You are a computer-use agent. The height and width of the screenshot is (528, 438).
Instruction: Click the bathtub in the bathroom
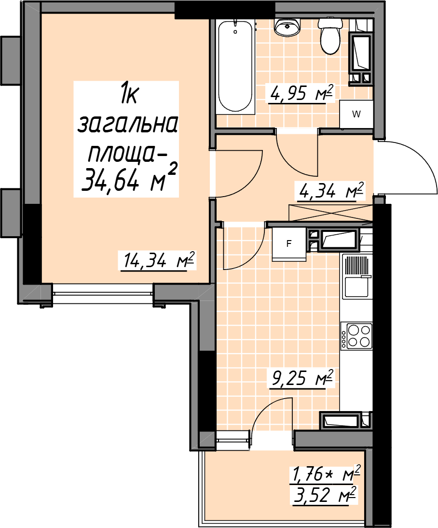coord(235,66)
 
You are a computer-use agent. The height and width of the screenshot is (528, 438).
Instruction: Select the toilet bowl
coord(330,37)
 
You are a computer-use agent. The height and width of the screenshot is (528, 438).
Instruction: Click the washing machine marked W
coord(356,114)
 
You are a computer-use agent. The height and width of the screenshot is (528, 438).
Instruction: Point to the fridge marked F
coord(289,244)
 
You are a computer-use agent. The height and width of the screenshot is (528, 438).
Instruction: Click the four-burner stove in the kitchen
coord(356,335)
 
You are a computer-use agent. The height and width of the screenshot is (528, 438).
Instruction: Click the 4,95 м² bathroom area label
coord(300,93)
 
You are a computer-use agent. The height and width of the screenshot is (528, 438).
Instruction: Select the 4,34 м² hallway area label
coord(330,191)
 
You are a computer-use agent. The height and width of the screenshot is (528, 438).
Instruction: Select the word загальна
coord(127,124)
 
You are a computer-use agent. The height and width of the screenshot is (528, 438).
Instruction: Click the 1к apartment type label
coord(128,96)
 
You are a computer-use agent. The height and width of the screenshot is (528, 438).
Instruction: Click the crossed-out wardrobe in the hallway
coord(331,213)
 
